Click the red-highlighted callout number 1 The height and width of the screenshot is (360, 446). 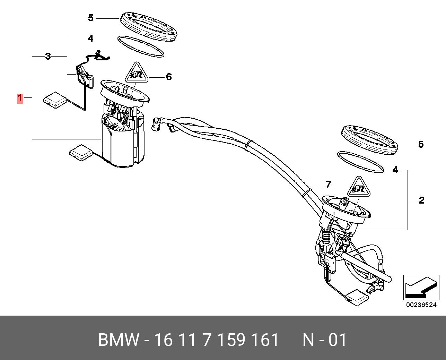20,98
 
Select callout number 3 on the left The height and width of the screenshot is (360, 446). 48,56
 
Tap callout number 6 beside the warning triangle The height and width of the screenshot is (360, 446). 169,77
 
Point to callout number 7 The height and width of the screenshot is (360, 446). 329,184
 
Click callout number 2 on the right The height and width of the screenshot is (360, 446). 421,200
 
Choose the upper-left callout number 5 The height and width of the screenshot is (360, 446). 90,18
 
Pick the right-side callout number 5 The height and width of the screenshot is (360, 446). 421,144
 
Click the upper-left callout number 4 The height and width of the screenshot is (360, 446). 90,38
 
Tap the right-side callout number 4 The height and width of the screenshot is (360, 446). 395,170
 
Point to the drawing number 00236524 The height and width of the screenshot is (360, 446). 421,305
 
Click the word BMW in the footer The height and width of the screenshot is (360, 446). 119,340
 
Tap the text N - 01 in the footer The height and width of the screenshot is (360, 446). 324,340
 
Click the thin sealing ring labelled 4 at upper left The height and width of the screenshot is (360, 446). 141,46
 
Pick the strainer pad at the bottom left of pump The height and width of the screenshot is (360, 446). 80,152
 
